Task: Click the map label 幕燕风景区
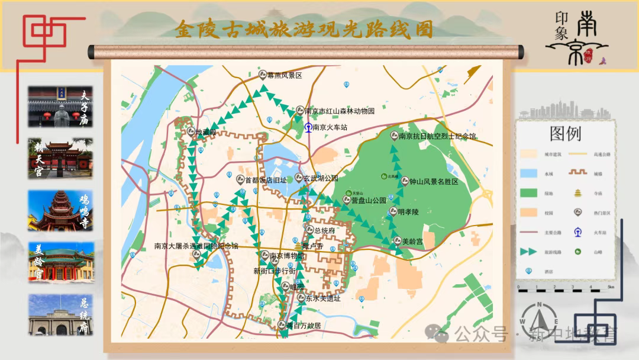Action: [x=285, y=76]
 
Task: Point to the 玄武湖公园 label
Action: [x=320, y=178]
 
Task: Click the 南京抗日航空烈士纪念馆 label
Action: [x=437, y=136]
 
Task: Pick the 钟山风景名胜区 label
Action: [x=434, y=182]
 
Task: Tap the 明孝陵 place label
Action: [x=408, y=211]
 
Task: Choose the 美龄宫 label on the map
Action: [x=412, y=242]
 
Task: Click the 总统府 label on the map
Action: [x=325, y=231]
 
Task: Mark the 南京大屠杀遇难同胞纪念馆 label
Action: [x=196, y=246]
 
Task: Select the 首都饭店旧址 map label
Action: [x=266, y=180]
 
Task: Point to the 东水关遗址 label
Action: [x=323, y=299]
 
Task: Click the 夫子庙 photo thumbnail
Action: [x=60, y=107]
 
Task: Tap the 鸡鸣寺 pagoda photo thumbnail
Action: [x=60, y=210]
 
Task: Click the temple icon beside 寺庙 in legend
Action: [x=578, y=193]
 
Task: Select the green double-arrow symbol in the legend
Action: [x=528, y=252]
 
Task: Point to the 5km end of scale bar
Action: [x=611, y=290]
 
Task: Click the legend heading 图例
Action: [x=565, y=133]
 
